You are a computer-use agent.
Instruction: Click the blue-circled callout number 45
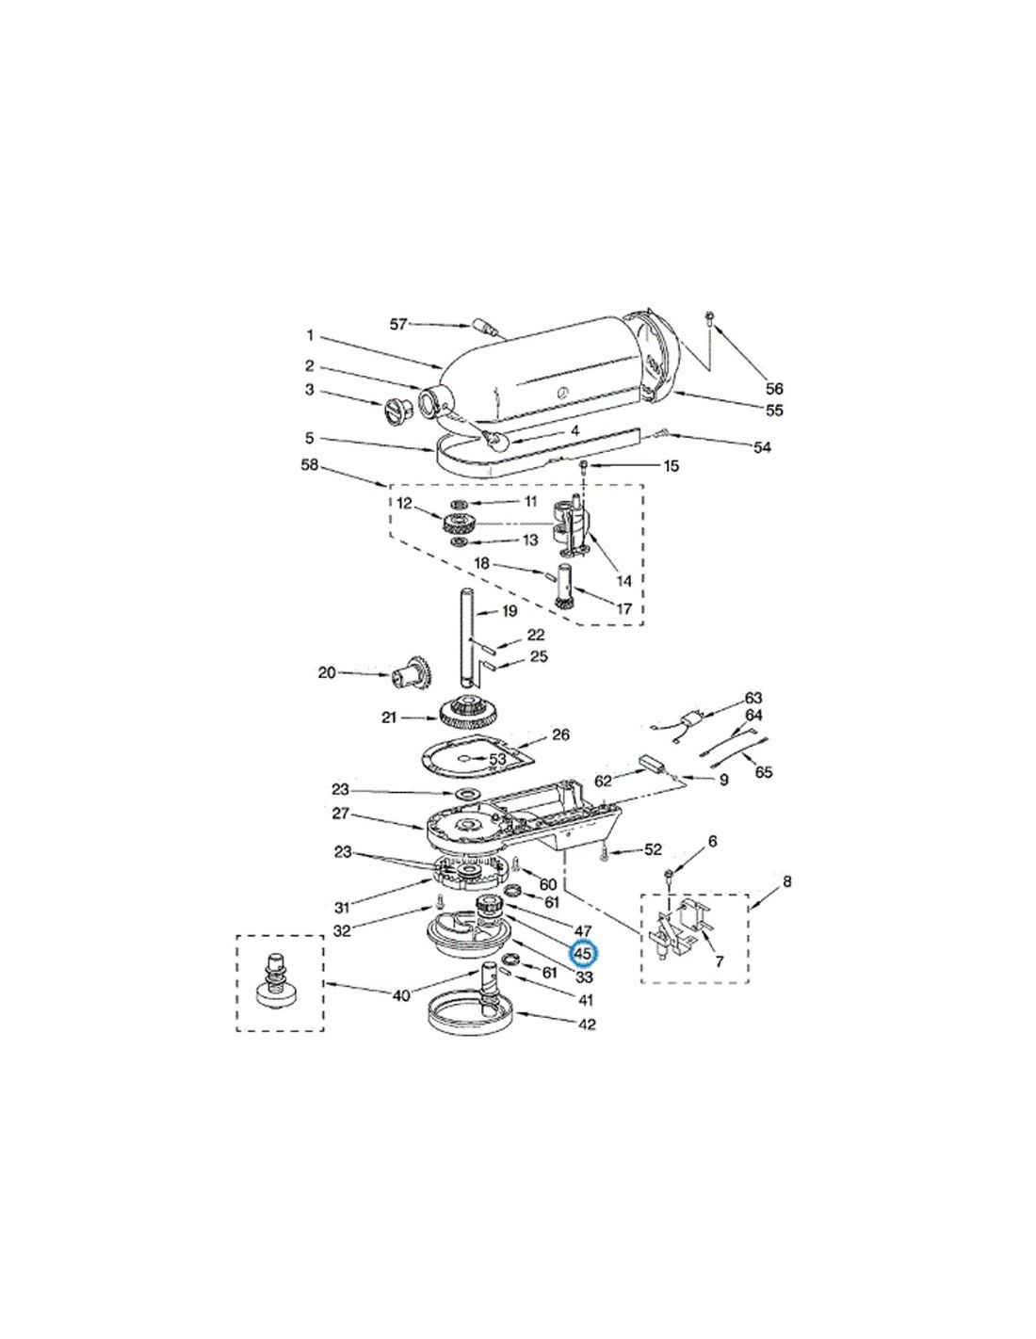[x=582, y=954]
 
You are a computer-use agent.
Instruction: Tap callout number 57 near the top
[x=399, y=324]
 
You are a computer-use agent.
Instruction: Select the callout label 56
[x=774, y=389]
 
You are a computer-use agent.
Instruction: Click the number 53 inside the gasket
[x=497, y=759]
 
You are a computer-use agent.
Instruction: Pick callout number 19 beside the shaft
[x=510, y=611]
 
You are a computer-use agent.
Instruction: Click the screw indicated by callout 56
[x=709, y=318]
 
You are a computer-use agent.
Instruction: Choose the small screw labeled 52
[x=604, y=855]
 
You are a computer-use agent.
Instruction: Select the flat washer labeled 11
[x=460, y=504]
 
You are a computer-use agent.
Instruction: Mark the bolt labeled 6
[x=670, y=875]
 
